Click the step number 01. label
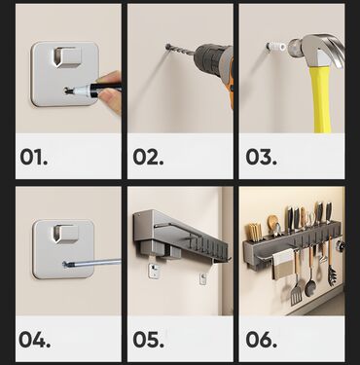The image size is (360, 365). click(x=34, y=157)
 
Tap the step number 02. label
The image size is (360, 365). click(x=148, y=157)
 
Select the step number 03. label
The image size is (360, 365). click(x=261, y=157)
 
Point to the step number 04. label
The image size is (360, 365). click(x=35, y=340)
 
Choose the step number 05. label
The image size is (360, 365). click(x=148, y=340)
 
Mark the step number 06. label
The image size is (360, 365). click(x=261, y=340)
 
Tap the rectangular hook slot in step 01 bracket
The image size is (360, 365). click(x=67, y=56)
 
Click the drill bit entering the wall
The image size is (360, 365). click(x=181, y=51)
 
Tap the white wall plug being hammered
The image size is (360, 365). click(x=276, y=47)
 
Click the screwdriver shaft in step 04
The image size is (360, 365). click(x=92, y=263)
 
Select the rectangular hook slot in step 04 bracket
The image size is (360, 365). click(x=66, y=234)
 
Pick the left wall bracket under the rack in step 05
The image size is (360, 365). click(x=154, y=270)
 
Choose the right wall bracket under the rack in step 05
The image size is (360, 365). click(x=203, y=277)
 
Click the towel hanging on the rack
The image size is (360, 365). click(x=283, y=265)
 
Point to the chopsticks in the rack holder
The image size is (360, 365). click(x=255, y=231)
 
